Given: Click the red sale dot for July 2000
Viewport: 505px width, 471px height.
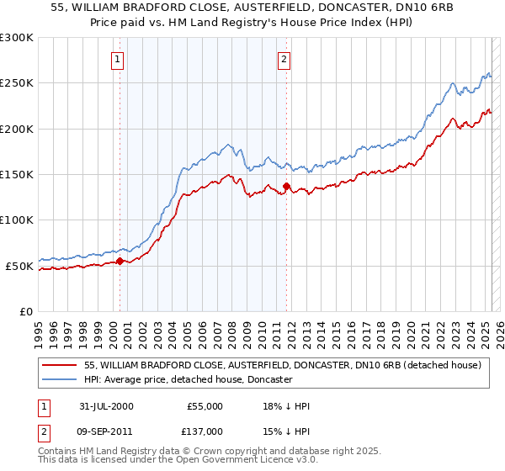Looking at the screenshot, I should click(x=120, y=261).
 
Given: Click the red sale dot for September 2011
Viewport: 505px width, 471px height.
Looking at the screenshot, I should click(x=287, y=186).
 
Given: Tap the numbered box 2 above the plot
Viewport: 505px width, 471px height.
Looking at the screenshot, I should click(x=284, y=60).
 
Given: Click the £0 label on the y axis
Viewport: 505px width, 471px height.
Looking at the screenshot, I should click(x=25, y=311).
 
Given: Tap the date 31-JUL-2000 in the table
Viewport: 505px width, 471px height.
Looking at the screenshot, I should click(x=104, y=406).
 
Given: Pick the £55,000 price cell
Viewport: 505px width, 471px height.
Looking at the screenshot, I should click(x=203, y=406).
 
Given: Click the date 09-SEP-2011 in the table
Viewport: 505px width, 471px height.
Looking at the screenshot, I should click(x=104, y=431).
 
